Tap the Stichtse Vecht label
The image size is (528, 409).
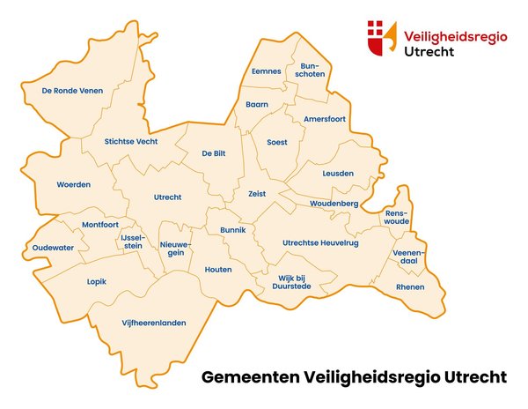pyautogui.click(x=131, y=141)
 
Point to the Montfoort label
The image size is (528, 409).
pyautogui.click(x=99, y=225)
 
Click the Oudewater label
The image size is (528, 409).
pyautogui.click(x=53, y=248)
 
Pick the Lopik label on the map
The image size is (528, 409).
pyautogui.click(x=97, y=282)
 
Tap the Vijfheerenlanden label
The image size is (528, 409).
pyautogui.click(x=154, y=323)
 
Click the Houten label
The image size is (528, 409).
pyautogui.click(x=218, y=269)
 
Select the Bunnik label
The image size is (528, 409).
pyautogui.click(x=232, y=230)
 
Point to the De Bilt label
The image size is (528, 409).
pyautogui.click(x=214, y=153)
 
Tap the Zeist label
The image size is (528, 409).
pyautogui.click(x=257, y=193)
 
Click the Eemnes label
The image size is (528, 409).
pyautogui.click(x=266, y=71)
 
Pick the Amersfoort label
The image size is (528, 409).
pyautogui.click(x=326, y=118)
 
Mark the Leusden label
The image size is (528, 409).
pyautogui.click(x=338, y=174)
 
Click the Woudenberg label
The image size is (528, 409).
pyautogui.click(x=334, y=204)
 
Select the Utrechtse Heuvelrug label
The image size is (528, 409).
pyautogui.click(x=320, y=242)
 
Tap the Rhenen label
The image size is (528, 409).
pyautogui.click(x=409, y=287)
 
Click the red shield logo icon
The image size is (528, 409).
pyautogui.click(x=382, y=39)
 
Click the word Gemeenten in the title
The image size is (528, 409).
pyautogui.click(x=250, y=377)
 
